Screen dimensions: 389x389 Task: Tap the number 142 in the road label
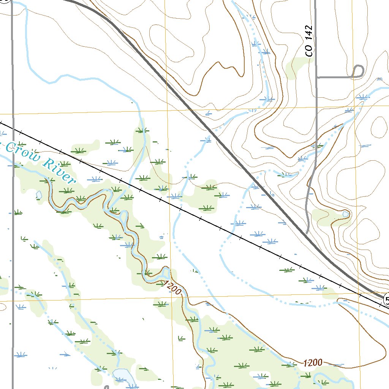point(310,35)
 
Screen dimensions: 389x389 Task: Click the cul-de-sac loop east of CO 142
point(358,71)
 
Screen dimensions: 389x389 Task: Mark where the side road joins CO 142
point(316,77)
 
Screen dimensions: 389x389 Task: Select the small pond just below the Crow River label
point(39,195)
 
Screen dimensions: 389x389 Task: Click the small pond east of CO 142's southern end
point(345,214)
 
